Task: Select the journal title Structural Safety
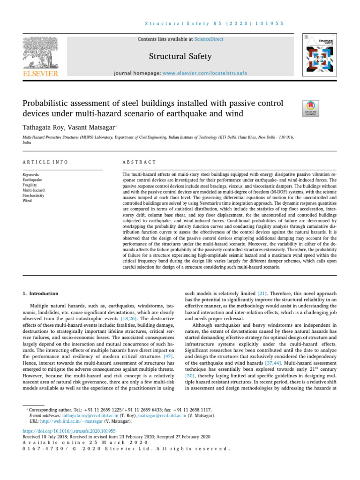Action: [x=180, y=57]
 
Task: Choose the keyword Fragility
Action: [x=30, y=185]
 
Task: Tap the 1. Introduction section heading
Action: [x=41, y=294]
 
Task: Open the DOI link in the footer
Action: [x=69, y=430]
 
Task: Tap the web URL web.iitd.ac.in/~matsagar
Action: [x=60, y=421]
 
